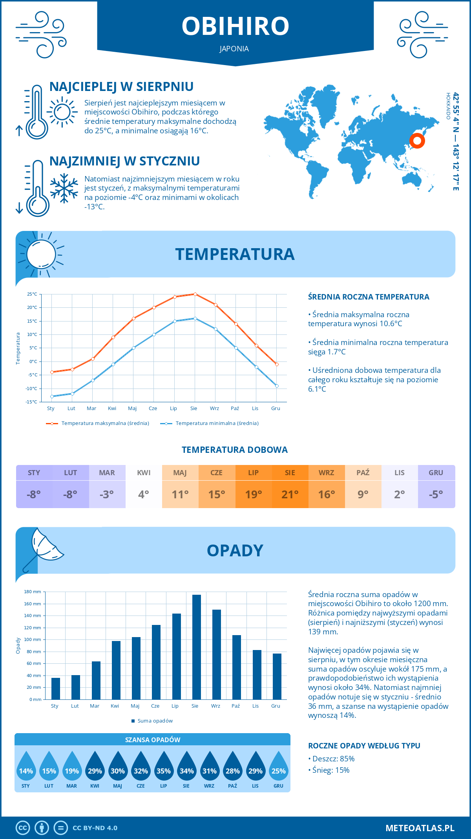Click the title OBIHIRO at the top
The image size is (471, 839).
(x=235, y=26)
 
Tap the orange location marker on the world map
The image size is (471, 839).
(x=417, y=140)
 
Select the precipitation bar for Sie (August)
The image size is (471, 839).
(x=196, y=647)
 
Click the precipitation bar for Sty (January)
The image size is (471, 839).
(x=56, y=688)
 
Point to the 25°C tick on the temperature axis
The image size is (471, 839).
(x=32, y=294)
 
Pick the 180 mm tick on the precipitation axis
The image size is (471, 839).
(x=33, y=592)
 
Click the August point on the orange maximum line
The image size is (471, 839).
(x=195, y=294)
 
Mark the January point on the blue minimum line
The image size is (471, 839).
(x=52, y=396)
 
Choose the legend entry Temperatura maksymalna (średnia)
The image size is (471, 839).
(x=105, y=423)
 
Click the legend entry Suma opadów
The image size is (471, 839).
(x=155, y=721)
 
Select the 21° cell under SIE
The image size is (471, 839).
(x=290, y=494)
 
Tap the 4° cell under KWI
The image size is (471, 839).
(x=144, y=494)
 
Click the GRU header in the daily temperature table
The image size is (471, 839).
(x=436, y=473)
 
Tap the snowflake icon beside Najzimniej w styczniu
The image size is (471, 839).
(x=64, y=188)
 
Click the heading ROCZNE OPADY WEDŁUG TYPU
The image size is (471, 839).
(x=364, y=746)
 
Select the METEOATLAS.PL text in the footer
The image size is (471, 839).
(x=420, y=828)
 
